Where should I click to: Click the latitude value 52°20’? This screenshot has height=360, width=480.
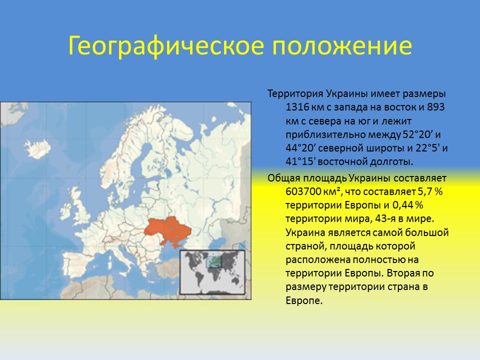click(x=419, y=134)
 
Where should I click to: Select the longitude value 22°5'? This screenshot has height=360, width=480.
click(x=429, y=148)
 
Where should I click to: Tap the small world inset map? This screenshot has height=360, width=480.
click(x=212, y=272)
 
